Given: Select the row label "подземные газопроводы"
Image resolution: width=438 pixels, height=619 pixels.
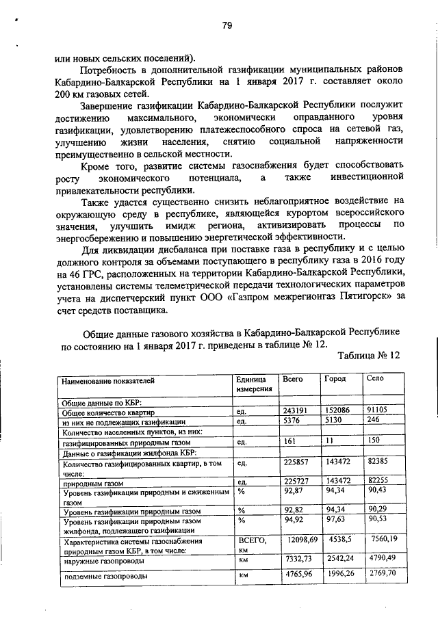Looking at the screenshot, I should [105, 576].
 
